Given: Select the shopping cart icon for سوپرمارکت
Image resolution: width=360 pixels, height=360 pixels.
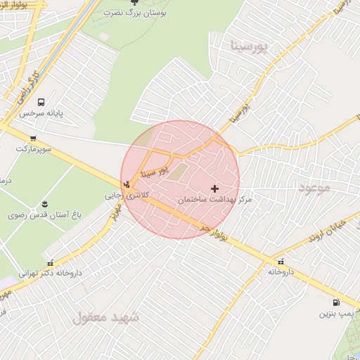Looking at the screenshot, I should click(33, 139).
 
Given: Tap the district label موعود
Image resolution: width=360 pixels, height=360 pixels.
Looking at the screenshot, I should click(314, 187).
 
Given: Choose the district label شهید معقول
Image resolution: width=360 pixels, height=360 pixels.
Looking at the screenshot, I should click(105, 318).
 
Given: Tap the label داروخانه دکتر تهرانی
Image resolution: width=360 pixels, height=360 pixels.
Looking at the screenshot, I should click(49, 272).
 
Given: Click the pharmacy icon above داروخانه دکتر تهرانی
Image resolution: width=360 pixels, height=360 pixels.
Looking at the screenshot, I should click(68, 261).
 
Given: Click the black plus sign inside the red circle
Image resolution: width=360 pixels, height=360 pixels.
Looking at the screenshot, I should click(215, 188).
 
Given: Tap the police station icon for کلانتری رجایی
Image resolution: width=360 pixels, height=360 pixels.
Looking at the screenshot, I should click(126, 184).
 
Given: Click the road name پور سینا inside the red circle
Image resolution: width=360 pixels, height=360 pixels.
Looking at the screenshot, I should click(155, 168).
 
